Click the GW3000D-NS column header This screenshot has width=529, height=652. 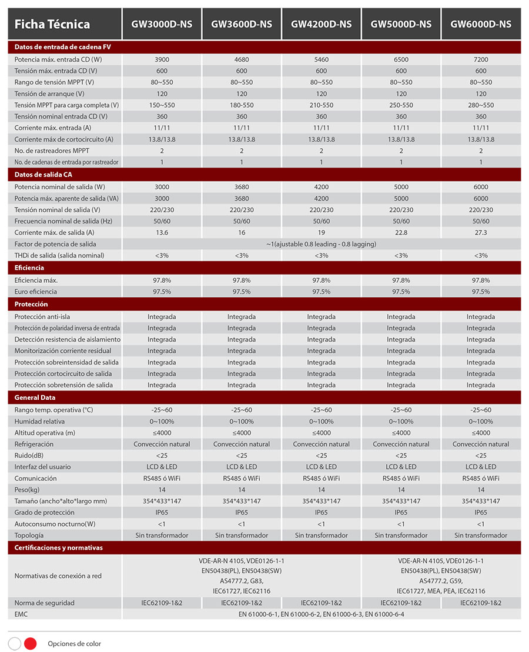pos(162,24)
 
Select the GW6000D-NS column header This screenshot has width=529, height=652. pos(481,24)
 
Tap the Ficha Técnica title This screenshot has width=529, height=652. pos(52,24)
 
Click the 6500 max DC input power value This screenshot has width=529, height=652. pos(401,59)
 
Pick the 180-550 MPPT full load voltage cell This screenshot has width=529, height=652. pos(242,105)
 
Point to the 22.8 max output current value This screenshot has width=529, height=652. pos(401,232)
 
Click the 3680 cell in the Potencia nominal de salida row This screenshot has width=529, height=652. pos(242,187)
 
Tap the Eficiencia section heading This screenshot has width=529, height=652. pos(29,268)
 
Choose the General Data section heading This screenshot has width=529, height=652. pos(35,397)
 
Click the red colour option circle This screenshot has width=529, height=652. pos(31,643)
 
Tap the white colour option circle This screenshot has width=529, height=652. pos(15,643)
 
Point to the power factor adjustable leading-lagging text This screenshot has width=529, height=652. pos(321,244)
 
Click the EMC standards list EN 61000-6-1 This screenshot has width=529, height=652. pos(321,614)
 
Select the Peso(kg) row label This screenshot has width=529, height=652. pos(27,490)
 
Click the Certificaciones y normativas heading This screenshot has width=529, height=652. pos(59,547)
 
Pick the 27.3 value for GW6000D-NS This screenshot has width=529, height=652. pos(481,232)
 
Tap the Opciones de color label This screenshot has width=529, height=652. pos(75,643)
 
